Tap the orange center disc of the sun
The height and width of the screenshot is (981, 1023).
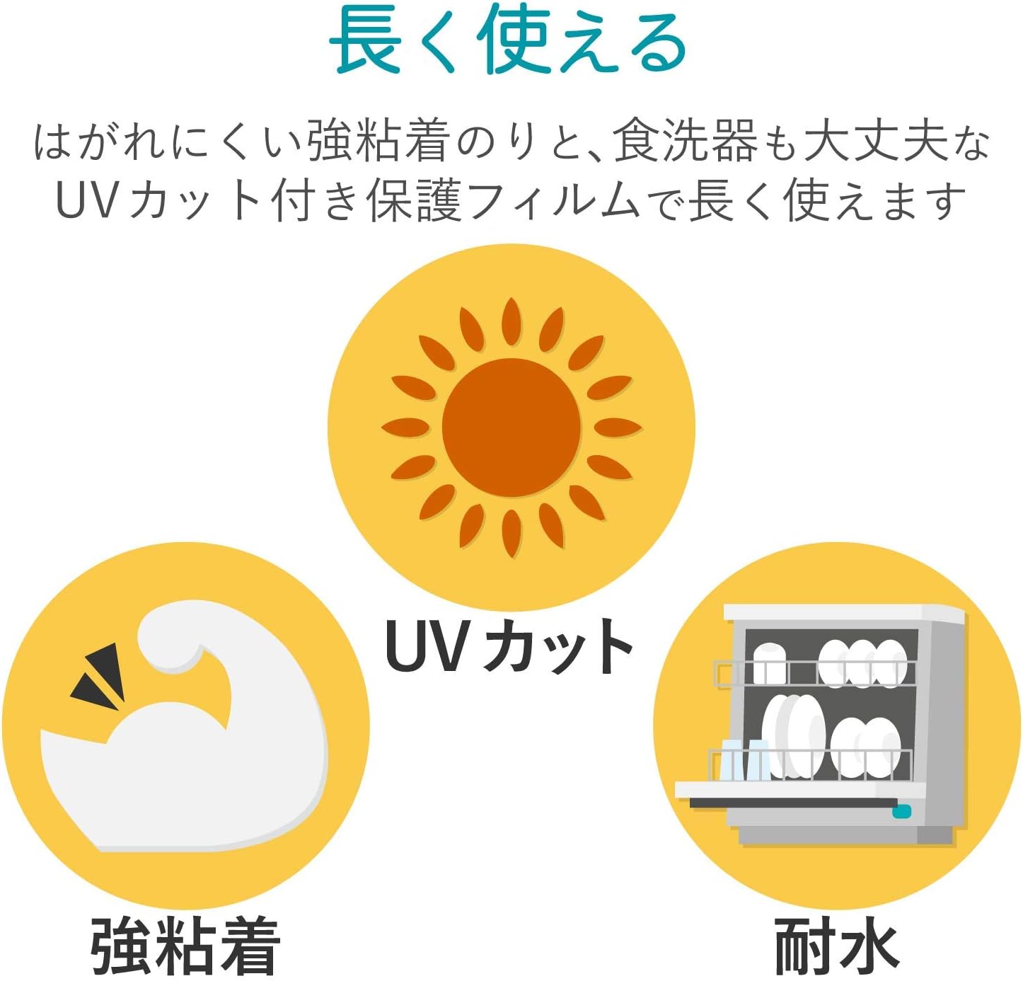pos(511,428)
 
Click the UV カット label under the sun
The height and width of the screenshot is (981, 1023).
pos(509,646)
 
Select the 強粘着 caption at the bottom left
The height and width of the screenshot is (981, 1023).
pos(185,946)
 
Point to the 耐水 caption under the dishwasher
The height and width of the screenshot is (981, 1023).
pos(837,946)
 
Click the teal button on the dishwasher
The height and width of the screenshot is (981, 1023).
pos(901,811)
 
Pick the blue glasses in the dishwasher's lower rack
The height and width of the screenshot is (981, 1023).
pos(744,759)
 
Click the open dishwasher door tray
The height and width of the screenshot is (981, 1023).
pos(799,791)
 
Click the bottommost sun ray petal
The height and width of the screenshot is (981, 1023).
pos(511,532)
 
